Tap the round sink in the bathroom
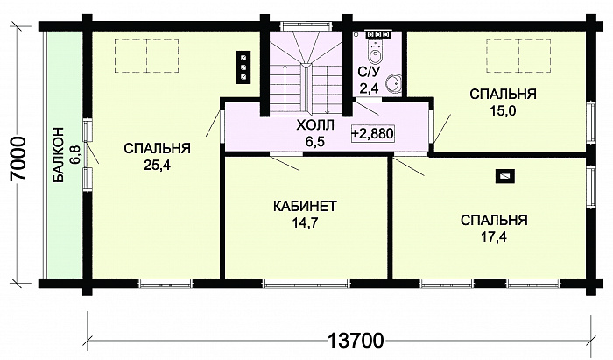(x=393, y=83)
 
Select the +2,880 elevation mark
(x=372, y=134)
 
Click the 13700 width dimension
(x=355, y=341)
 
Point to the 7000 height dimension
(x=18, y=158)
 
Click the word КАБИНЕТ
(x=305, y=206)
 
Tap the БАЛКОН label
(x=59, y=155)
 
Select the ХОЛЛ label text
(x=315, y=126)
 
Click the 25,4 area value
(x=157, y=166)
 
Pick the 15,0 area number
(x=503, y=111)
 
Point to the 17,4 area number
(x=493, y=236)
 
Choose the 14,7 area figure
(x=305, y=222)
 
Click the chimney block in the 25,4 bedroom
(x=243, y=67)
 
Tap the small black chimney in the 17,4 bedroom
(x=505, y=176)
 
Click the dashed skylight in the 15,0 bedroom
(x=518, y=56)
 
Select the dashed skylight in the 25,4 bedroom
(x=146, y=56)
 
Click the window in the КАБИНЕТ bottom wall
(x=306, y=284)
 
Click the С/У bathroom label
(x=369, y=72)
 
